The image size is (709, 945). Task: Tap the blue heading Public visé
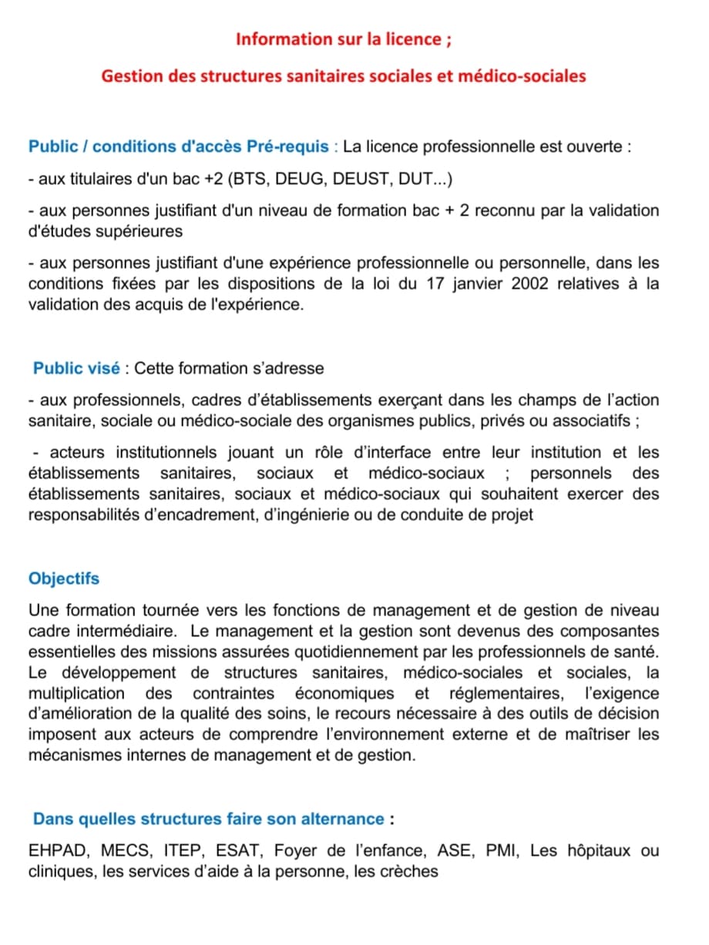[76, 368]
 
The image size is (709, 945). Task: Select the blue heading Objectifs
[64, 578]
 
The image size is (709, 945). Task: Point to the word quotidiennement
[384, 652]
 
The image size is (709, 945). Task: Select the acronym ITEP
[183, 851]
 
